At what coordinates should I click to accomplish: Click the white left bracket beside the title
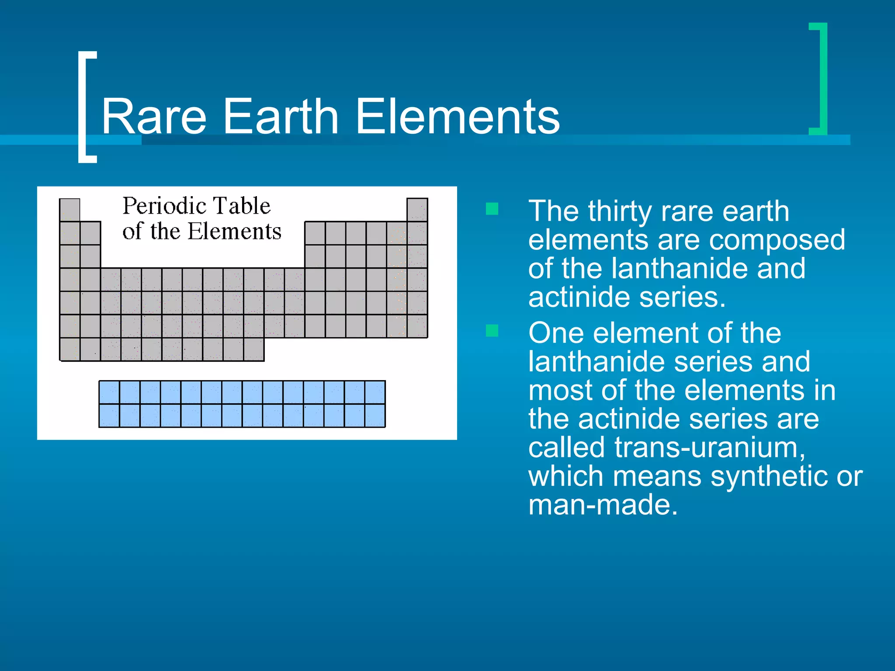[84, 107]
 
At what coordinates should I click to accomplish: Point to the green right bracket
[822, 79]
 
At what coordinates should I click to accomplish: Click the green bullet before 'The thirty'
[492, 209]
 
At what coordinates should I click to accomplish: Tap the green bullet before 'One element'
[492, 331]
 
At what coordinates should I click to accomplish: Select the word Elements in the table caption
[234, 231]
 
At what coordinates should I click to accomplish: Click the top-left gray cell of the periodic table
[70, 210]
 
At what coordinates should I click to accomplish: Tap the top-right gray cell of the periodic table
[417, 210]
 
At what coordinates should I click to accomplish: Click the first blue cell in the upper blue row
[109, 392]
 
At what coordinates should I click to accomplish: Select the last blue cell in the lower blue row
[375, 415]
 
